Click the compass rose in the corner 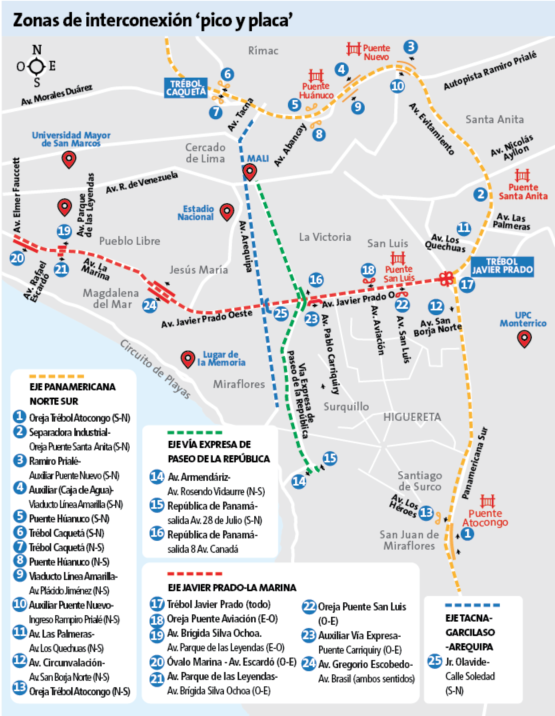click(x=36, y=66)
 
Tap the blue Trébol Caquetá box click(x=186, y=88)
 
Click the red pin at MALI click(x=250, y=172)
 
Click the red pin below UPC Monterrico click(x=523, y=339)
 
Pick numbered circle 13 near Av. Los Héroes click(x=426, y=512)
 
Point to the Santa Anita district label click(x=494, y=119)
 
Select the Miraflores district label click(x=239, y=384)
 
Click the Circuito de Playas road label click(x=155, y=369)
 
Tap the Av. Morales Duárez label click(x=56, y=95)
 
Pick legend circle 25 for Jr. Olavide click(x=435, y=661)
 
